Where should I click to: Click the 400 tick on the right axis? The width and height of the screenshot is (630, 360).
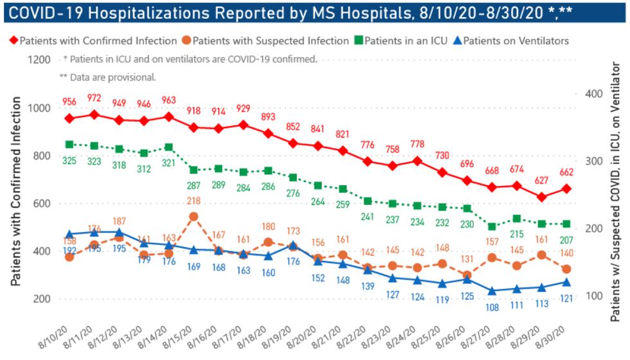(596, 94)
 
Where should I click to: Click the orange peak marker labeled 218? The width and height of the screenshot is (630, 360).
(194, 217)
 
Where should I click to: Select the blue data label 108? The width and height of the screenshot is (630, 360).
(492, 307)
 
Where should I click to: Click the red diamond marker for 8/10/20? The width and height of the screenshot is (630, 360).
(69, 118)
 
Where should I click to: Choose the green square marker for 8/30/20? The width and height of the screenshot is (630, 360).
(566, 224)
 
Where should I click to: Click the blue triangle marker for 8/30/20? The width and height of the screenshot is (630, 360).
(566, 282)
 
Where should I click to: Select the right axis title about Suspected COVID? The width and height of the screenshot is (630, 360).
(615, 193)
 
